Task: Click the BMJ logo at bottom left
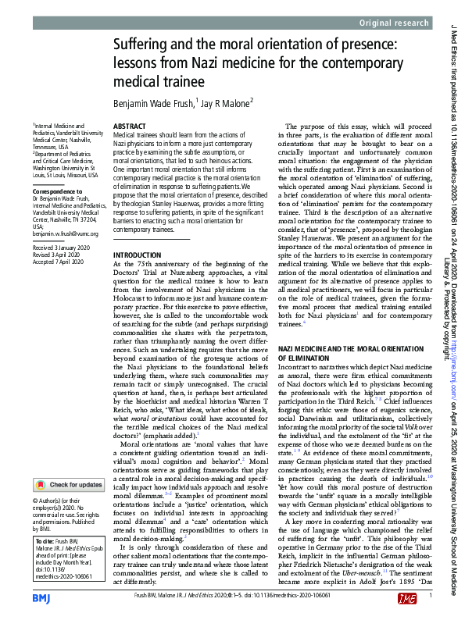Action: [42, 597]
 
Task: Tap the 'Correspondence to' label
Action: [53, 191]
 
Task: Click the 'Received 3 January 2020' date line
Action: [61, 247]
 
